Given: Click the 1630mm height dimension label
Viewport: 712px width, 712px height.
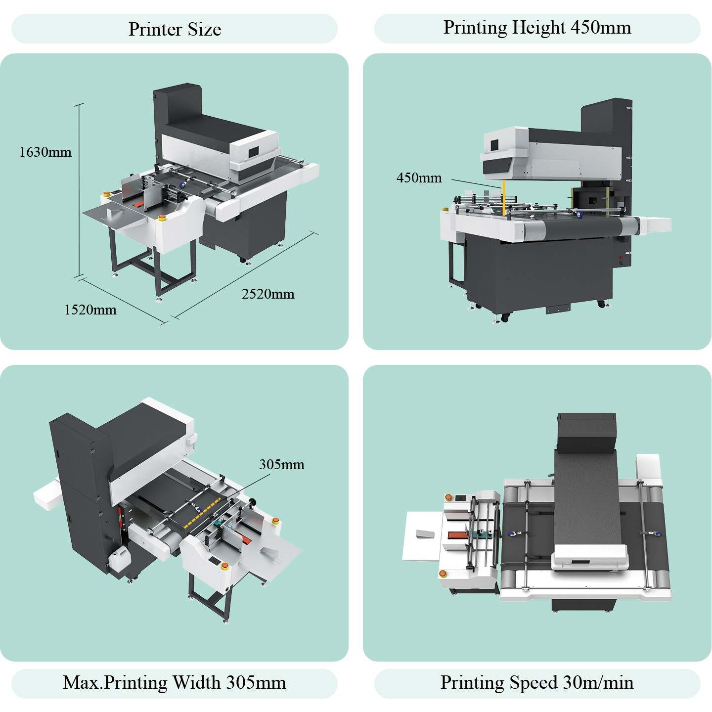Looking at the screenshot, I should (45, 152).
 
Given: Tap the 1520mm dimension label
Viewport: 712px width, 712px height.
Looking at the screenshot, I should (90, 310).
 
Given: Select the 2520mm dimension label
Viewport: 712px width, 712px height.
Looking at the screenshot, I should (268, 294).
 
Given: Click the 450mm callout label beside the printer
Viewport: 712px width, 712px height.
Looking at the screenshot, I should (419, 178).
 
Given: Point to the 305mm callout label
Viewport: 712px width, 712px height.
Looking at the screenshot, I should (282, 465).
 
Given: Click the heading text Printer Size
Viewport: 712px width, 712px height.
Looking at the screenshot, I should (175, 29).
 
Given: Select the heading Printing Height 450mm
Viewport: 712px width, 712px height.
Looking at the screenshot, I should (537, 27).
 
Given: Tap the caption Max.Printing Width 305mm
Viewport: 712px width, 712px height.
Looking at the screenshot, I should (174, 683).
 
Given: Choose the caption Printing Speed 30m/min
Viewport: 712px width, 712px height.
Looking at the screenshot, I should (537, 683).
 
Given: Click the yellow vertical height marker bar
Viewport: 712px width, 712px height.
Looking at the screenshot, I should (503, 198).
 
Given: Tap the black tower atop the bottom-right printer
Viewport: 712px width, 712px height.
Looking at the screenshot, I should (587, 432).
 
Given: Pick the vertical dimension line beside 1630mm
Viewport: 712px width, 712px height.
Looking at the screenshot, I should (79, 190).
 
